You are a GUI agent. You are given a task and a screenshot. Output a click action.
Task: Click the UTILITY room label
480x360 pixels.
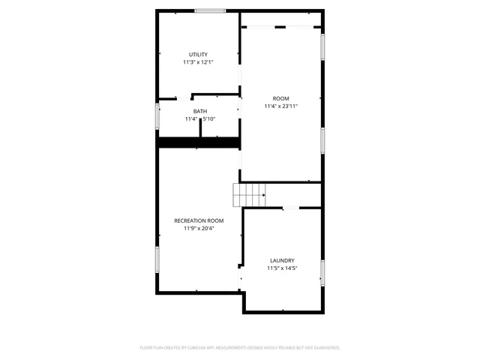click(x=198, y=55)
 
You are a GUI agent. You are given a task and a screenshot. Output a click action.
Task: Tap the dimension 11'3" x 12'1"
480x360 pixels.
click(x=198, y=62)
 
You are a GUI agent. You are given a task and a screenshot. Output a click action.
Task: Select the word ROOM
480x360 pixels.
click(x=280, y=99)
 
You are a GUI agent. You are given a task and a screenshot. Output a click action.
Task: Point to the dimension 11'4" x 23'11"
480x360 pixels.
click(x=280, y=106)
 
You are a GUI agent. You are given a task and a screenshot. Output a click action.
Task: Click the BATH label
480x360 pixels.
click(x=199, y=112)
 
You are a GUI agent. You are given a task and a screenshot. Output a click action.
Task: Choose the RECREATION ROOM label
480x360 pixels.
click(x=199, y=220)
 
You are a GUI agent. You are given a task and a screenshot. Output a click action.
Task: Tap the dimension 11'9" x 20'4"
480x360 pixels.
click(x=199, y=228)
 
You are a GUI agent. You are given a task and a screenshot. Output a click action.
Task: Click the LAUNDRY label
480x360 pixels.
click(x=282, y=260)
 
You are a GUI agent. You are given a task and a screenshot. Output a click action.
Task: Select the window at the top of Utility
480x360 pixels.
click(x=210, y=10)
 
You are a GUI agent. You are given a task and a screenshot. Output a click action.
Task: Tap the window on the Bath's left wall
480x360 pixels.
click(x=157, y=118)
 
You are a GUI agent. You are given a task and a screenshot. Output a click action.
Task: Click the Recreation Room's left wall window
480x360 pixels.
click(x=157, y=259)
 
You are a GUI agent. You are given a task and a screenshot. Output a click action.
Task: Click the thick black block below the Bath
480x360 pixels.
click(x=197, y=142)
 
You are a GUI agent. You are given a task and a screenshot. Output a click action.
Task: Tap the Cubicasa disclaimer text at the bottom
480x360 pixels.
click(x=240, y=348)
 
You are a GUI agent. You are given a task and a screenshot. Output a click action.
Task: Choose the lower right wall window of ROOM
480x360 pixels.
click(x=322, y=139)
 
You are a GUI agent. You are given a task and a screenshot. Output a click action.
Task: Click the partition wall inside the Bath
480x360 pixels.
click(x=201, y=126)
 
